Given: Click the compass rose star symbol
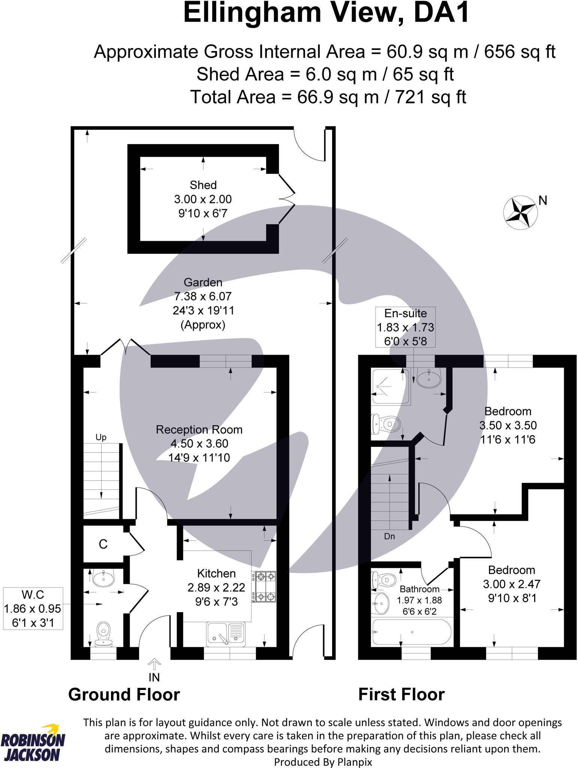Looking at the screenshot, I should [520, 212].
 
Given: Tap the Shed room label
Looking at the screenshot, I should [203, 185].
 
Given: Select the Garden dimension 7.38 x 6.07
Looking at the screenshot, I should [203, 296].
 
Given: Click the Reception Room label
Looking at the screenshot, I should [199, 429].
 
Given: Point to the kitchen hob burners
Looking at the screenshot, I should [265, 586].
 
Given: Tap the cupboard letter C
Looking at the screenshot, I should [103, 544].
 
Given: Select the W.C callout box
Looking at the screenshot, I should [33, 608].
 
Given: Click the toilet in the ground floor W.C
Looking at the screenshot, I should [103, 634].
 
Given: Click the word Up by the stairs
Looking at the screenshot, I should [101, 437].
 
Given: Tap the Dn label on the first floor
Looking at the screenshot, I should [389, 536].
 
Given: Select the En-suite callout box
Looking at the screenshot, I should [405, 327].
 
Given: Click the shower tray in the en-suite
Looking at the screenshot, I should [390, 386].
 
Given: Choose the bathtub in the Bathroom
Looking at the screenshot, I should [412, 632].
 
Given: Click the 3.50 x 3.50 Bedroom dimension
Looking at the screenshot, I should [508, 425].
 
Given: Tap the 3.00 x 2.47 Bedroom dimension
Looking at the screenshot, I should [511, 584].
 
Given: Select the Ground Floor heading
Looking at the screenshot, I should [124, 694].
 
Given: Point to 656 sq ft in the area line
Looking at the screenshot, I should [520, 52].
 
